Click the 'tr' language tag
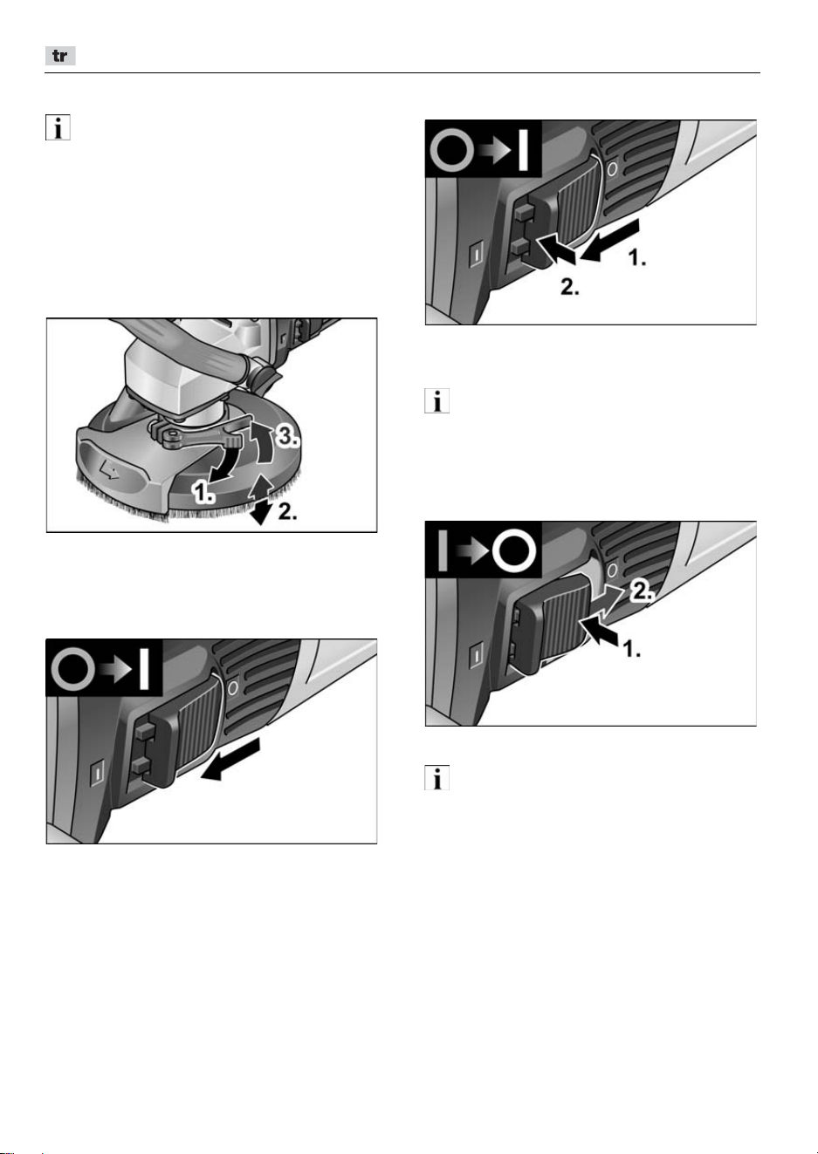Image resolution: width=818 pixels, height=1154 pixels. (x=60, y=56)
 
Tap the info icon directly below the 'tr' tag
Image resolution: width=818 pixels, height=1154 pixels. (x=58, y=127)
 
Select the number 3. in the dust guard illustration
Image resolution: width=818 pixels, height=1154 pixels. (x=287, y=437)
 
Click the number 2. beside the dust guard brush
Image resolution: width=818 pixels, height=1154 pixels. (x=288, y=511)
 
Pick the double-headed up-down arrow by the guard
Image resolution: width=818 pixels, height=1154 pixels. (x=262, y=500)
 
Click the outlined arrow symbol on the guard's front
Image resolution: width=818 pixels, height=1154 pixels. (x=109, y=469)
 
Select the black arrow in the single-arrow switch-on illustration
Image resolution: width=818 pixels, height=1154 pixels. (x=230, y=760)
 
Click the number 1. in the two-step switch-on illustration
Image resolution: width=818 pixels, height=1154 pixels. (x=637, y=257)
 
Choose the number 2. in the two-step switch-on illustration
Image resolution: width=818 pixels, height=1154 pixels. (x=569, y=287)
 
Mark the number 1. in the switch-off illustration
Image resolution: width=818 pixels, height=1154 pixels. (x=632, y=649)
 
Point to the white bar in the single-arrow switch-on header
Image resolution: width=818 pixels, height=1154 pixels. (x=144, y=669)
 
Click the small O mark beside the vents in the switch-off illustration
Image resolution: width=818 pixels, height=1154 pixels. (x=612, y=570)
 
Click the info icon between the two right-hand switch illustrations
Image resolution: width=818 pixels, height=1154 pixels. (x=436, y=400)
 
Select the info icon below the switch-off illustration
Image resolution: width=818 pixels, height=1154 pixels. (x=436, y=777)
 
